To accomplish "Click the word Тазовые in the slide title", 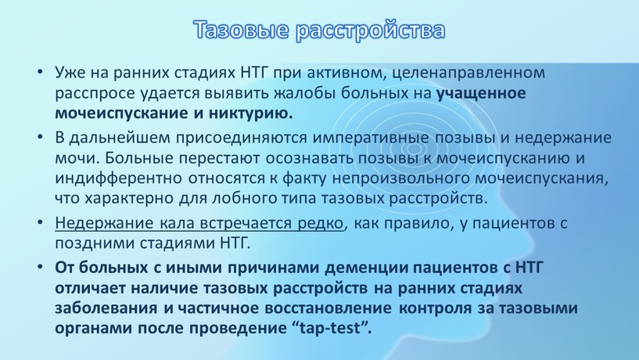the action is pyautogui.click(x=240, y=30).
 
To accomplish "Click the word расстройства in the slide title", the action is pyautogui.click(x=370, y=31).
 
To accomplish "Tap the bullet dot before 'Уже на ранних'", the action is pyautogui.click(x=40, y=72).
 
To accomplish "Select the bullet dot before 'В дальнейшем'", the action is pyautogui.click(x=40, y=138).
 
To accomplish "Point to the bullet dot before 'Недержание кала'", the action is pyautogui.click(x=40, y=222).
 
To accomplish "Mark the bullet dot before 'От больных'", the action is pyautogui.click(x=40, y=267).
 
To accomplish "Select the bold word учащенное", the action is pyautogui.click(x=481, y=94).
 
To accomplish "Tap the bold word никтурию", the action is pyautogui.click(x=251, y=113).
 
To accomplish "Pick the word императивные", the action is pyautogui.click(x=371, y=139).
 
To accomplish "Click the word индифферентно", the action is pyautogui.click(x=119, y=179).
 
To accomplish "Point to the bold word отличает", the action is pyautogui.click(x=91, y=288).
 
